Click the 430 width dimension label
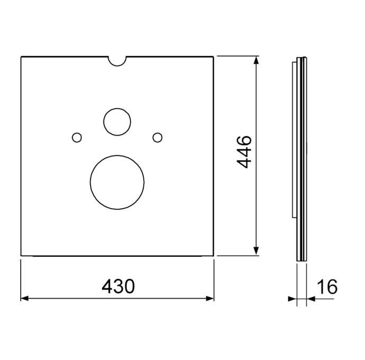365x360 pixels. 118,286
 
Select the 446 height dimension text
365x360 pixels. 244,152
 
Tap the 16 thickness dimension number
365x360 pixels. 327,286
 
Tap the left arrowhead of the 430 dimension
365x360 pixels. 24,298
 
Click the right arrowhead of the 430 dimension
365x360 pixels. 210,298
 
